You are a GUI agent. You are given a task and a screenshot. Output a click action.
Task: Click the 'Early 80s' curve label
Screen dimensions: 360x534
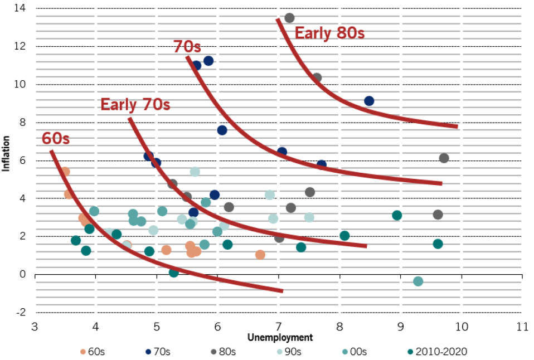tap(329, 33)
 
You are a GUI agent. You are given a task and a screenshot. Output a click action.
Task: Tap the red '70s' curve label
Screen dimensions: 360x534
tap(187, 46)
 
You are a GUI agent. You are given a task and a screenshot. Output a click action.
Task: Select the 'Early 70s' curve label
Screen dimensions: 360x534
tap(135, 104)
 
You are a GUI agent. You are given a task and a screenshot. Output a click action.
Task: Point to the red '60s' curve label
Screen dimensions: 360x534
tap(56, 139)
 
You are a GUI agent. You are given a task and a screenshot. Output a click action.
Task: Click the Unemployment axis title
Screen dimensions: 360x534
tap(280, 337)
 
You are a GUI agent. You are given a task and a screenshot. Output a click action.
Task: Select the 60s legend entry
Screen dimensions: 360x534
tap(91, 351)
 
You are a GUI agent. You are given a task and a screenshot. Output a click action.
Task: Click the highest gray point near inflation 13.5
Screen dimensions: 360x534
tap(289, 18)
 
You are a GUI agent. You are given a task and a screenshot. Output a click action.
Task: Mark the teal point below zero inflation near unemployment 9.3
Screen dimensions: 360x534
tap(418, 281)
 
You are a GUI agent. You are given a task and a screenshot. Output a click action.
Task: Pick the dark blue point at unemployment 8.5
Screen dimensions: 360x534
tap(369, 101)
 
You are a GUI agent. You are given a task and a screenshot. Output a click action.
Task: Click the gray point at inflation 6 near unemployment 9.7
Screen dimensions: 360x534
tap(444, 158)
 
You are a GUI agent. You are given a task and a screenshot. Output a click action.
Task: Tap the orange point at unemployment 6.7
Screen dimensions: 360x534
tap(260, 255)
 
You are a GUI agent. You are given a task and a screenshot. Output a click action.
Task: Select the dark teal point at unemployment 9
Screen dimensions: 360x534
tap(397, 215)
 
